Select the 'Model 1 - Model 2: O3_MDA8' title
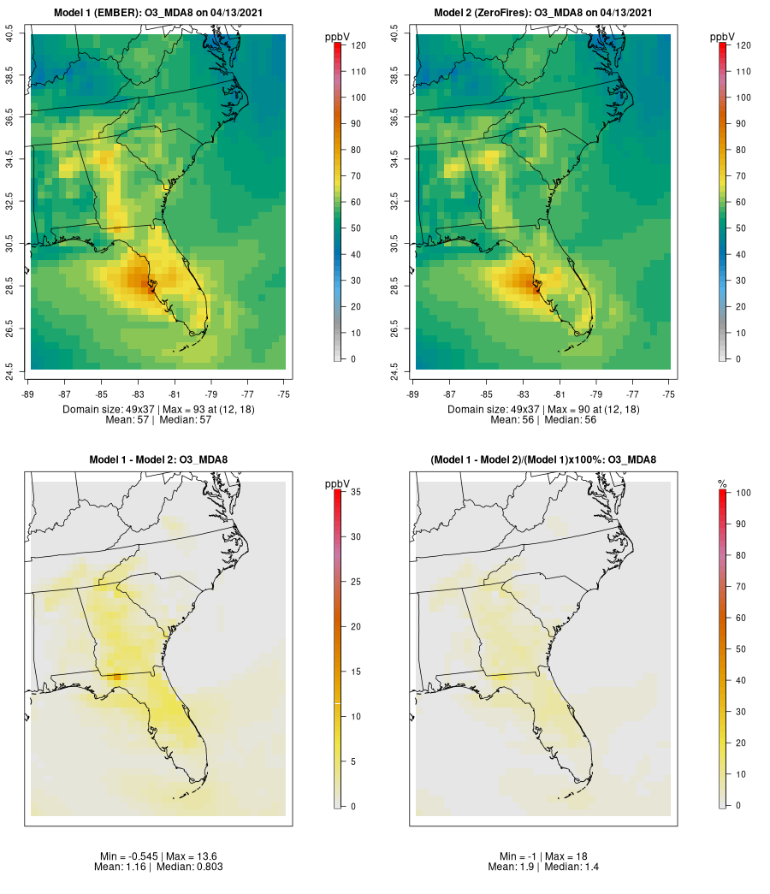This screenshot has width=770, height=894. pyautogui.click(x=159, y=460)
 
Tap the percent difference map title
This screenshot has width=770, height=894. pyautogui.click(x=544, y=460)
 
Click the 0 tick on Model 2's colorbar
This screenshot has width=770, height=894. pyautogui.click(x=737, y=358)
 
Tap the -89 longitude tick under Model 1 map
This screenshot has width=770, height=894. pyautogui.click(x=31, y=394)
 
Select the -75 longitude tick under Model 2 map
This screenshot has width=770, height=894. pyautogui.click(x=669, y=394)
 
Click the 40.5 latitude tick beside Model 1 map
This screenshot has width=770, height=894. pyautogui.click(x=10, y=34)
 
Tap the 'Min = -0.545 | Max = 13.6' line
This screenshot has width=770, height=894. pyautogui.click(x=159, y=856)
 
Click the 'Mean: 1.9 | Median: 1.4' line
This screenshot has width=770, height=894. pyautogui.click(x=544, y=867)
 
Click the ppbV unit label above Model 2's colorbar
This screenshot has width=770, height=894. pyautogui.click(x=723, y=37)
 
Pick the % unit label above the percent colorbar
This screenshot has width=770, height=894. pyautogui.click(x=723, y=484)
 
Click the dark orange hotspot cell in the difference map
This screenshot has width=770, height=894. pyautogui.click(x=116, y=677)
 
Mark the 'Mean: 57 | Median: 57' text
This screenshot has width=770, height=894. pyautogui.click(x=159, y=420)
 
